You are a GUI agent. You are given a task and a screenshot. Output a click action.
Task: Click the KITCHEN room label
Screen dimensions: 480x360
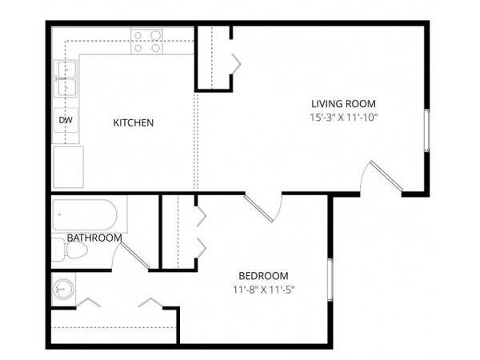(x=133, y=122)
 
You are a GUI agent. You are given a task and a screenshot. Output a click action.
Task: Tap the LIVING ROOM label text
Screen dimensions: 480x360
(x=343, y=104)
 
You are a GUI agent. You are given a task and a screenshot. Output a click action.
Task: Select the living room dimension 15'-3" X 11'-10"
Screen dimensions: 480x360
(x=344, y=118)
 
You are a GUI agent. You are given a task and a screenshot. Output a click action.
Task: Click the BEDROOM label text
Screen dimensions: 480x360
(x=263, y=276)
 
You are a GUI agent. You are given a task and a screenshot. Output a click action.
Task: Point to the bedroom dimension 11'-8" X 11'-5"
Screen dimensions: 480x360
(x=263, y=290)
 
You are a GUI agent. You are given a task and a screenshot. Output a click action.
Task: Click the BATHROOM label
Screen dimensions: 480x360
(x=94, y=238)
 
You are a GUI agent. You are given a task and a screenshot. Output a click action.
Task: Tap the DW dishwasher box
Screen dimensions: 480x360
(x=66, y=120)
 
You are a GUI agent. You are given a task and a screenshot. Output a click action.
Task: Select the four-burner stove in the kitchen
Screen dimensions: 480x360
(x=146, y=41)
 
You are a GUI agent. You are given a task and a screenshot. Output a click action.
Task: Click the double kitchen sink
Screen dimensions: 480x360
(x=66, y=78)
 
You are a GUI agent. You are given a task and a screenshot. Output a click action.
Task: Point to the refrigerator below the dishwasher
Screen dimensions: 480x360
(x=68, y=167)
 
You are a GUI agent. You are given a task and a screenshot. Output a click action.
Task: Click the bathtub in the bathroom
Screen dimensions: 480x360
(x=85, y=215)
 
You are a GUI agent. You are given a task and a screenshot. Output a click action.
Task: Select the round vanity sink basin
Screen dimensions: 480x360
(x=62, y=289)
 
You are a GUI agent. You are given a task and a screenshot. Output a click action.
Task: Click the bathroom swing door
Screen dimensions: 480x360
(x=134, y=255)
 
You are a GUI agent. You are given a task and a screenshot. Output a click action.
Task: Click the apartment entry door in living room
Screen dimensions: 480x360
(x=386, y=175)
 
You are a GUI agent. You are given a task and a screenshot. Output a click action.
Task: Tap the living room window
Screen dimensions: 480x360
(x=426, y=130)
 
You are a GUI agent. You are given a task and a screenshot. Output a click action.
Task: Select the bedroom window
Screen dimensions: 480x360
(x=330, y=279)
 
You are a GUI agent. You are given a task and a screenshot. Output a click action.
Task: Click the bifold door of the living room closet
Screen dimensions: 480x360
(x=236, y=64)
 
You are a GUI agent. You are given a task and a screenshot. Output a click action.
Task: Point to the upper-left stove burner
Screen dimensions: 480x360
(x=138, y=36)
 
